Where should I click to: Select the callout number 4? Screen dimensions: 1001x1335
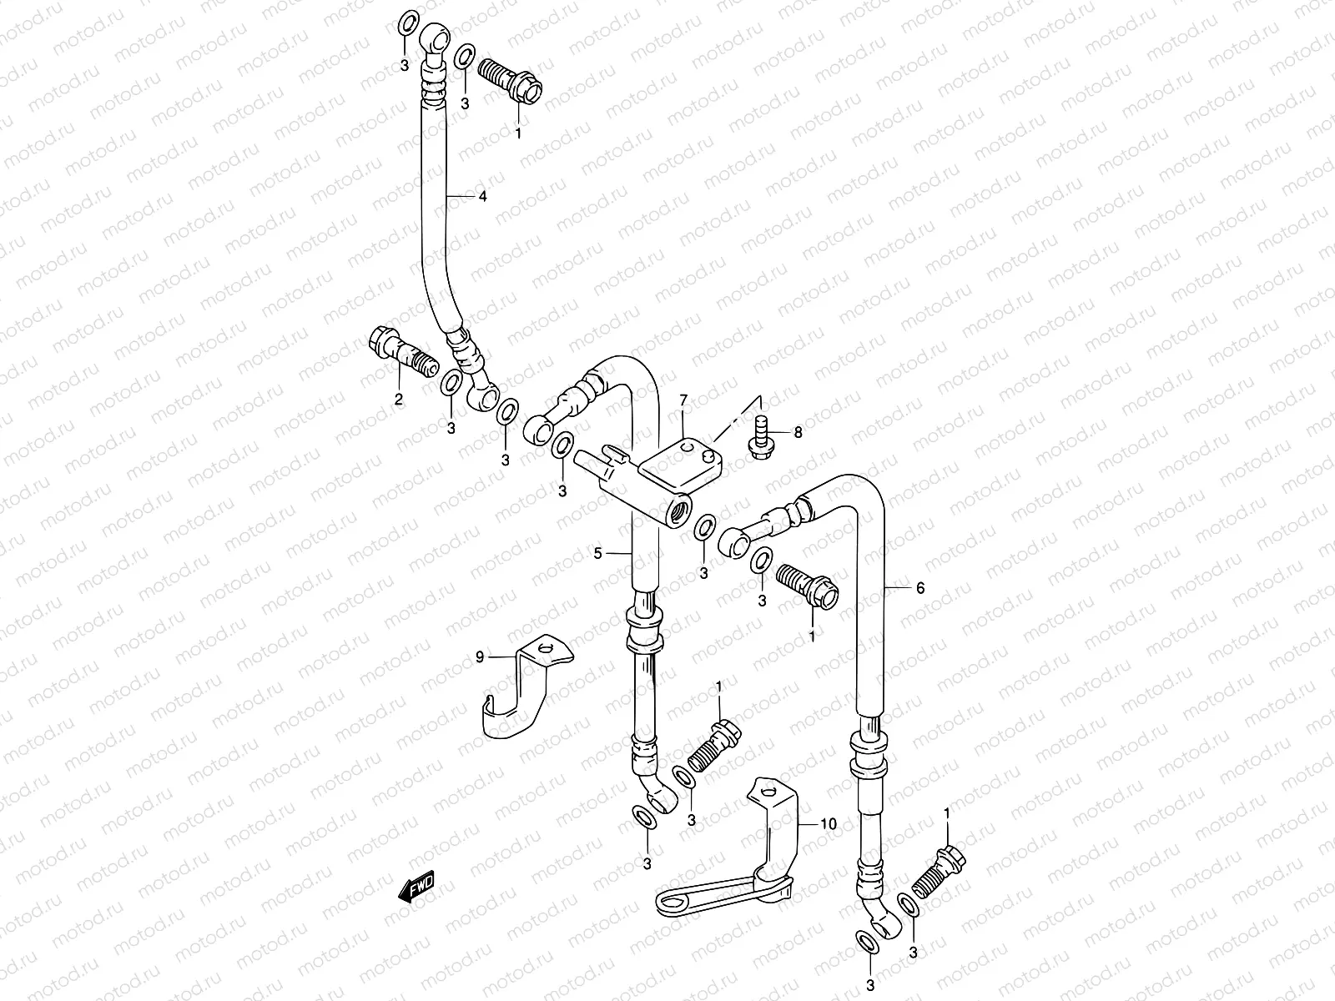click(481, 197)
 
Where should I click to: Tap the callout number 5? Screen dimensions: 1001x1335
click(598, 553)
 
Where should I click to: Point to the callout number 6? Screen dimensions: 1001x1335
click(920, 588)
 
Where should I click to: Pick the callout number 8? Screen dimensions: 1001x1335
click(798, 432)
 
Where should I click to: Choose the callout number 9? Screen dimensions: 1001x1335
click(480, 657)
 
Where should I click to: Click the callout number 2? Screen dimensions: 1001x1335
click(399, 400)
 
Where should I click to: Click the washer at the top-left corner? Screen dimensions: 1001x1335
click(406, 23)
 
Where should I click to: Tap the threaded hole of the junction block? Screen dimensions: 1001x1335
click(679, 508)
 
